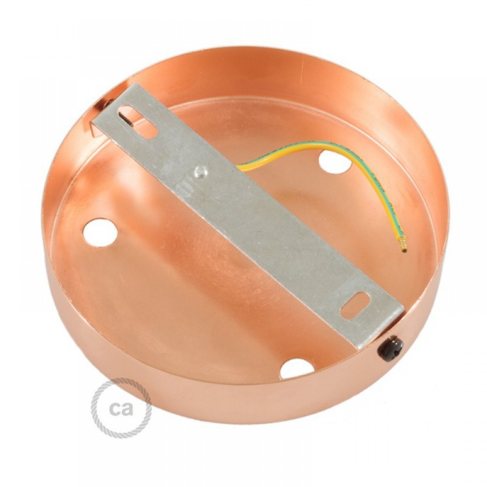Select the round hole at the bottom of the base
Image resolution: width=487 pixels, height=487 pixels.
click(x=297, y=369)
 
